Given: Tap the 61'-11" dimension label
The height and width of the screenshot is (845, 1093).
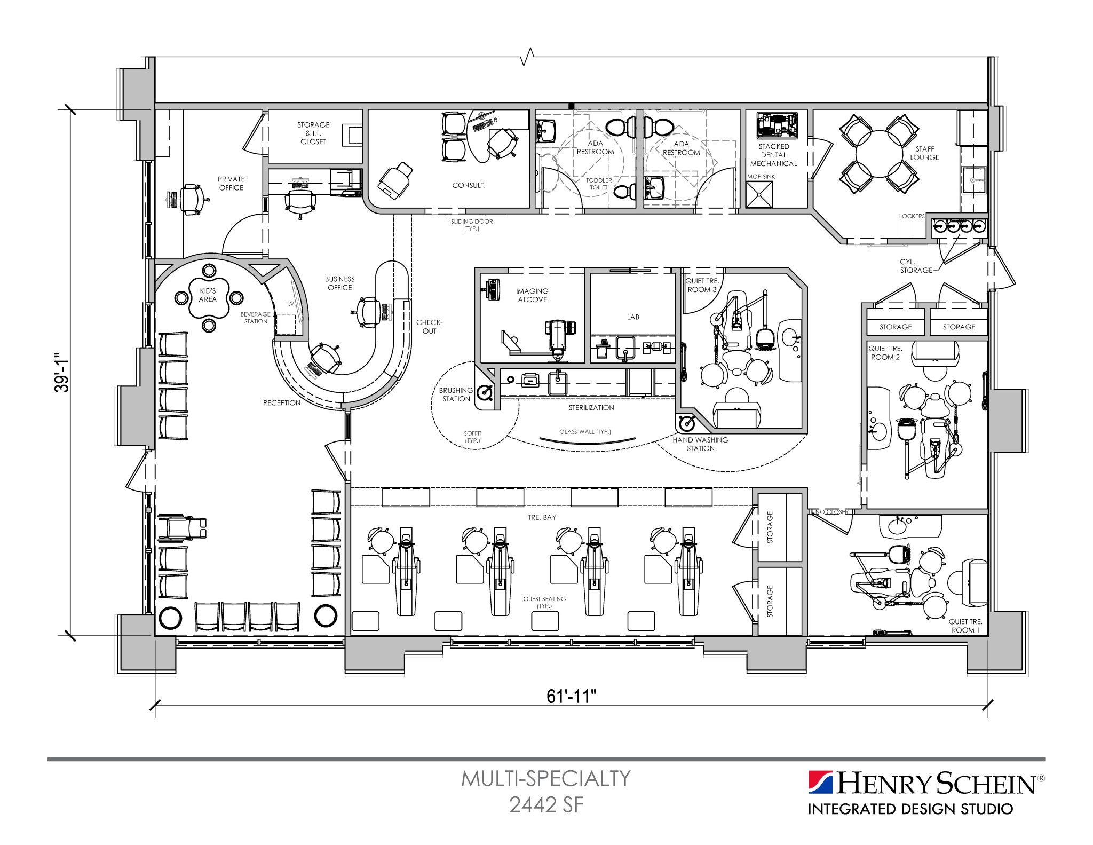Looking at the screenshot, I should coord(571,696).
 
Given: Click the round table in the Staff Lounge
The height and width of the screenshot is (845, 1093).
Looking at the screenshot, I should coord(879,153).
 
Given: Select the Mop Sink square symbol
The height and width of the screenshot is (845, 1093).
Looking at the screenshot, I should coord(759,194).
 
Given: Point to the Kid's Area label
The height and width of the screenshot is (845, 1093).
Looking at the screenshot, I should coord(208,295).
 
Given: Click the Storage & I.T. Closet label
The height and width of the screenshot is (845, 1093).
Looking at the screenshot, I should coord(313,133).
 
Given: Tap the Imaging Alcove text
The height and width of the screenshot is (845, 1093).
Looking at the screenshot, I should coord(532,295).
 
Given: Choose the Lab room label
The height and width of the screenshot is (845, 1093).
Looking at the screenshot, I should coord(633,317).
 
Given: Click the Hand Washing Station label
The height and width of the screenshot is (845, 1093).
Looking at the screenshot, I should coord(700,444).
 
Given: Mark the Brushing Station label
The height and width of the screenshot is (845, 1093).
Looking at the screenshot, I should coord(456,394).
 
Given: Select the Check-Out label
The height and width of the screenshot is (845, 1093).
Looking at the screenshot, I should coord(429,327).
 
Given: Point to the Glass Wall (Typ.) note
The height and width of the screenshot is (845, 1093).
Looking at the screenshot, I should coord(585,432).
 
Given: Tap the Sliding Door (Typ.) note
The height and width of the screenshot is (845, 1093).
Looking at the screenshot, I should coord(472,225).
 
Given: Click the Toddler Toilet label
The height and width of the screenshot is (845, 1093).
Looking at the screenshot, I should coord(599,184).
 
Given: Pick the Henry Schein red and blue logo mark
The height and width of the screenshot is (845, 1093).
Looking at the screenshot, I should coord(820,783).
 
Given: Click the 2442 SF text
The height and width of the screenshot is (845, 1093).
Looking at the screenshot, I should coord(546,805).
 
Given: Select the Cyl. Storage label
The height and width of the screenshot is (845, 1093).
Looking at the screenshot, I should coord(915,266).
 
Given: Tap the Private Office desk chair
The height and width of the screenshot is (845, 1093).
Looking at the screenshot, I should coord(191,199).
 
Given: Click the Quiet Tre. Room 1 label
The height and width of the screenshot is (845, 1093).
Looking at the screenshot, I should coord(965,626).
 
